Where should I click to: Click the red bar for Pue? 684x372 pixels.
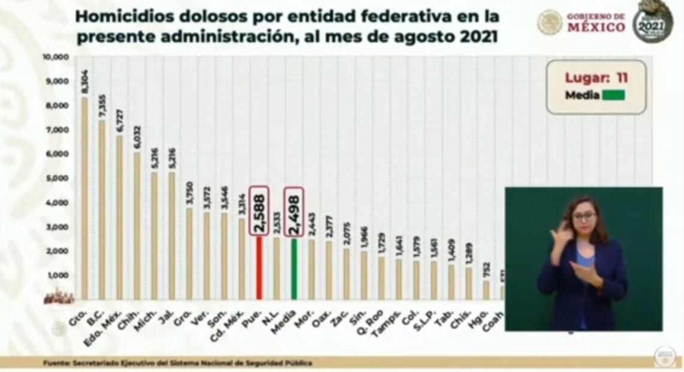point(259,268)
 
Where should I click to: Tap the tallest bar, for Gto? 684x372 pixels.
point(85,198)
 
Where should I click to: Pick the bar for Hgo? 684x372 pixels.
point(486,290)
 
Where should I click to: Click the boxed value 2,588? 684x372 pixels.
point(259,209)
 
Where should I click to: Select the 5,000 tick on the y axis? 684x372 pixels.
point(58,178)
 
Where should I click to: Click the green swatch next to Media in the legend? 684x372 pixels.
point(610,95)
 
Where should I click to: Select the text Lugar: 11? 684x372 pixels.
point(596,77)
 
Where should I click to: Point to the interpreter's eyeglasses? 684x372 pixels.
point(583,217)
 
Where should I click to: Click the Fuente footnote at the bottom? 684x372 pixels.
point(177,362)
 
